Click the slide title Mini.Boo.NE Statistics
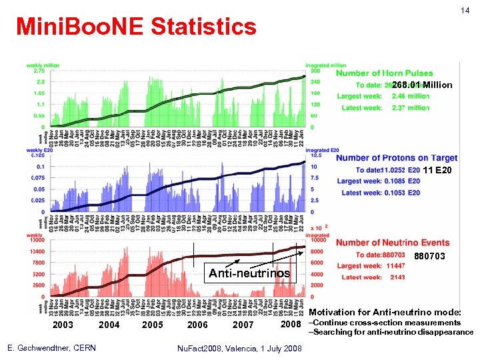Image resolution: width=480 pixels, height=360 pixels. click(136, 27)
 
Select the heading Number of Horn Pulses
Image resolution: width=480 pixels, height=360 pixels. click(385, 73)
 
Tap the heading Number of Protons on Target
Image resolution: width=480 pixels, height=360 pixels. click(397, 158)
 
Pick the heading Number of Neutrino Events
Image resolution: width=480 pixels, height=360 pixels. click(393, 243)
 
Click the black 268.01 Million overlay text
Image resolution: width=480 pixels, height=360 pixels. click(422, 85)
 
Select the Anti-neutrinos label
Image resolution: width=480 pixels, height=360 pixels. click(249, 273)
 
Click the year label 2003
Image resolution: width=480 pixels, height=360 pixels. click(63, 325)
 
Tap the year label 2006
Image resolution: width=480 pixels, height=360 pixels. click(197, 325)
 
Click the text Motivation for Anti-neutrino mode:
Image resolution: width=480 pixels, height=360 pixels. click(385, 312)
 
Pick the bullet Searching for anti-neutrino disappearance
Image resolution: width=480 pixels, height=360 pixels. click(391, 332)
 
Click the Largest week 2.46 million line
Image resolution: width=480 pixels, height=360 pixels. click(383, 96)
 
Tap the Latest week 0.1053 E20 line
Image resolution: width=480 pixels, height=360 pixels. click(381, 193)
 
